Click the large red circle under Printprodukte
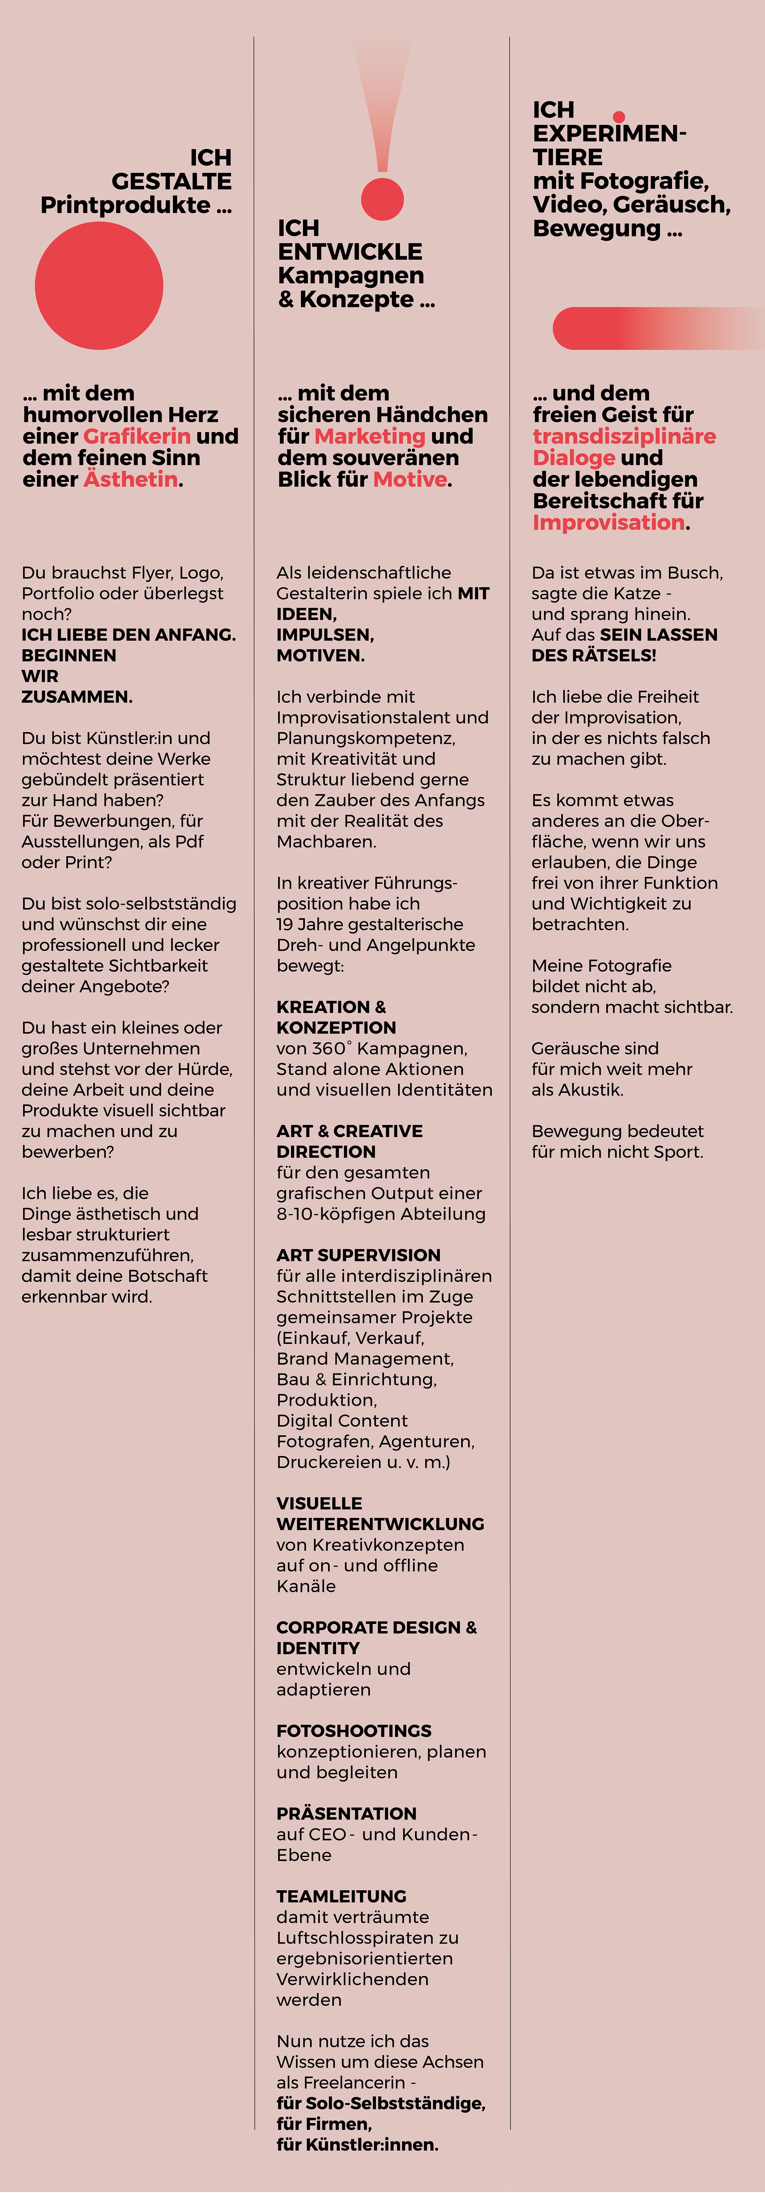(x=99, y=285)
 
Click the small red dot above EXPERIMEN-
(x=619, y=117)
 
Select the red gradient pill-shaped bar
(x=648, y=328)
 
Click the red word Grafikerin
(x=136, y=436)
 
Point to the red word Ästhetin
(x=131, y=479)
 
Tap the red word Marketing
(x=370, y=436)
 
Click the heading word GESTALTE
(x=171, y=181)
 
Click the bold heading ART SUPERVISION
(x=358, y=1255)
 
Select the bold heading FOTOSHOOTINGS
(x=354, y=1731)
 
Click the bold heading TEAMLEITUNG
(x=341, y=1896)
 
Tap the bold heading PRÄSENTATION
(x=346, y=1813)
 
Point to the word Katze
(x=635, y=593)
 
